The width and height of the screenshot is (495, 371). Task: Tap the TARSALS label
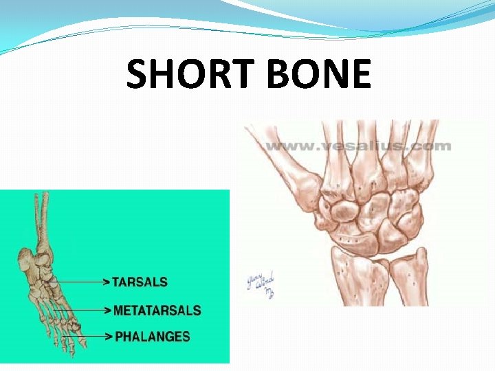(140, 282)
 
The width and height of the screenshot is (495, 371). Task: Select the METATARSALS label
(157, 310)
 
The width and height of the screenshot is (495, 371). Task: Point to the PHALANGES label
(152, 337)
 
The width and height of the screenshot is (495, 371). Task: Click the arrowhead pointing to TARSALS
(107, 282)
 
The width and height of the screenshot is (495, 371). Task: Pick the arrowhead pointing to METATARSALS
(107, 310)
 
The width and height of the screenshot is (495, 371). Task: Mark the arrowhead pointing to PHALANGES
(107, 337)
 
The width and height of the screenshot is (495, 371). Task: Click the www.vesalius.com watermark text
(358, 146)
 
